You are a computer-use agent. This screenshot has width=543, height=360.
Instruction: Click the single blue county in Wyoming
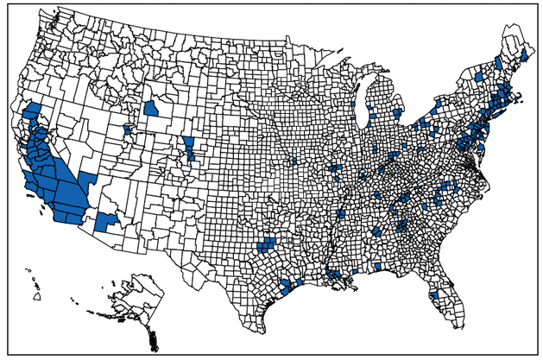(151, 109)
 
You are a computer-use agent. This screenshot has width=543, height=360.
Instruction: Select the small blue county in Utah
(129, 129)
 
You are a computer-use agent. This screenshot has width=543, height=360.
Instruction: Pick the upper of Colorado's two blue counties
(188, 142)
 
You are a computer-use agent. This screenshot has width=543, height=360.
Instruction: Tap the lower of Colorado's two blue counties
(191, 155)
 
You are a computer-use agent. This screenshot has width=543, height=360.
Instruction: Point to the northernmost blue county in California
(34, 111)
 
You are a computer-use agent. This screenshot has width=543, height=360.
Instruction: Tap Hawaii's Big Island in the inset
(38, 296)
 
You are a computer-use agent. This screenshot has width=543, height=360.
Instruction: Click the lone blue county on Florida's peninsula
(434, 294)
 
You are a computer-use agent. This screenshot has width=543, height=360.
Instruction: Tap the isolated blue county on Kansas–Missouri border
(294, 161)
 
